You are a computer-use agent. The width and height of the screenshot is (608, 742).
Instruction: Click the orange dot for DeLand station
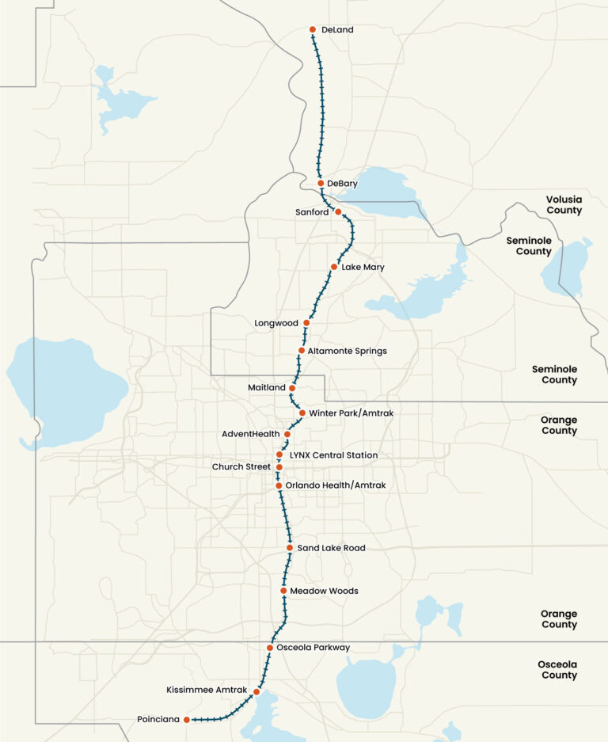tap(312, 30)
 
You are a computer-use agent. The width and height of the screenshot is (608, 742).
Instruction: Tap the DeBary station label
tap(342, 184)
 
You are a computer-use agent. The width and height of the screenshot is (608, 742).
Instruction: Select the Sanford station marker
tap(338, 211)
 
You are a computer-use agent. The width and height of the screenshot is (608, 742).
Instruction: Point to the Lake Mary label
tap(363, 267)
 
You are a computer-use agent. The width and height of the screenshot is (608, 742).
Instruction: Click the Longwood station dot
tap(306, 323)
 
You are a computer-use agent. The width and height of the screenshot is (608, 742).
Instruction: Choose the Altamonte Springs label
tap(348, 351)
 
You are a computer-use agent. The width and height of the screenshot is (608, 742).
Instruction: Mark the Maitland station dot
tap(292, 388)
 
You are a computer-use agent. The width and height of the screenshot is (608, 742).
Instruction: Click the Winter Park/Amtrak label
tap(351, 413)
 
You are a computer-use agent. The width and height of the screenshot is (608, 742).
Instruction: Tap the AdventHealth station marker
tap(287, 434)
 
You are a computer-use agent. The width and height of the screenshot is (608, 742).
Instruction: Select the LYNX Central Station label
tap(333, 455)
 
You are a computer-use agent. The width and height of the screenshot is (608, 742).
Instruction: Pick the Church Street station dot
tap(279, 467)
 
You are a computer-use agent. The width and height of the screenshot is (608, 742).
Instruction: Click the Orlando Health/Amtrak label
tap(336, 485)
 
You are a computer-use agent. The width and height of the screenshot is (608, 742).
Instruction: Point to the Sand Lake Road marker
tap(290, 548)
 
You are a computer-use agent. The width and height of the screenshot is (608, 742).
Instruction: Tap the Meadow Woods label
tap(324, 591)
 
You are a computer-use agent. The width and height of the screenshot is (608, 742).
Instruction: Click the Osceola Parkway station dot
tap(270, 648)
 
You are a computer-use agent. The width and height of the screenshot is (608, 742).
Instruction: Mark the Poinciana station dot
tap(187, 720)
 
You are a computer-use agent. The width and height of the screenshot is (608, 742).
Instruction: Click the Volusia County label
tap(564, 205)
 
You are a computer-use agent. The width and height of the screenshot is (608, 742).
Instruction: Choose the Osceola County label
tap(559, 670)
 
